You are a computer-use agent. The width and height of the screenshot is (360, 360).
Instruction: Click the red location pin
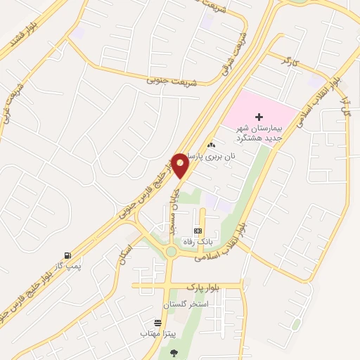click(x=181, y=165)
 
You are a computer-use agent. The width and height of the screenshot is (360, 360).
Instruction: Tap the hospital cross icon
click(x=259, y=117)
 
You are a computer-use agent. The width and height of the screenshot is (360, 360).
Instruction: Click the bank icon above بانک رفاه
click(x=197, y=230)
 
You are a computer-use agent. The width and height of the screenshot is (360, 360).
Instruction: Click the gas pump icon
click(x=67, y=255)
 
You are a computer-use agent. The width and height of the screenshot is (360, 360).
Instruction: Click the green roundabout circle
click(x=170, y=252)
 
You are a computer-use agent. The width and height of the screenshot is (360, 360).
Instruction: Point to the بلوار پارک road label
click(x=204, y=287)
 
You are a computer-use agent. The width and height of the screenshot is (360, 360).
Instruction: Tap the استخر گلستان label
click(x=186, y=304)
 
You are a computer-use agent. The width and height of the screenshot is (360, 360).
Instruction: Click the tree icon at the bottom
click(x=174, y=353)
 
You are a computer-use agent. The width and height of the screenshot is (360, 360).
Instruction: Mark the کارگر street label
click(x=289, y=65)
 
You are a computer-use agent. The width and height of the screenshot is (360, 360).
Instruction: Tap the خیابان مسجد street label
click(x=172, y=207)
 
